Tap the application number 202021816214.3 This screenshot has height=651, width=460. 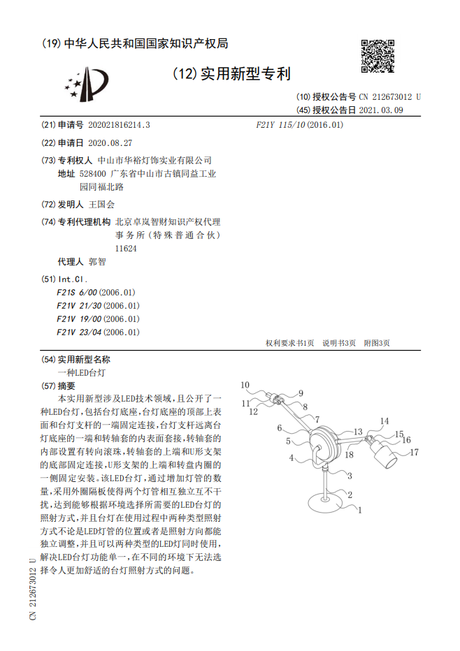click(x=119, y=125)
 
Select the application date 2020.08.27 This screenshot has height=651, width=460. click(x=110, y=142)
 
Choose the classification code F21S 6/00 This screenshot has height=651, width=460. click(x=78, y=293)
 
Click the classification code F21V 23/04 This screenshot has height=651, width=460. click(x=80, y=332)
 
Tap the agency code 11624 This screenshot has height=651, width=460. click(x=126, y=248)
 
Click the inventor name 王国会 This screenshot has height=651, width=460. click(x=101, y=205)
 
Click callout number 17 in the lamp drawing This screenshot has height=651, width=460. click(x=414, y=453)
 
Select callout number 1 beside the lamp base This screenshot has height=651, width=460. click(x=360, y=511)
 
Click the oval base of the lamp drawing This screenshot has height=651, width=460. click(x=327, y=500)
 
